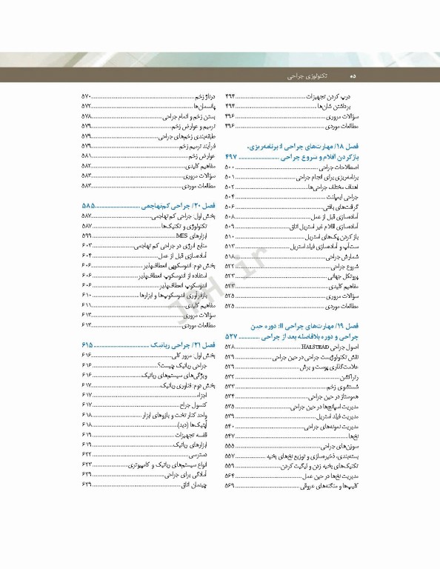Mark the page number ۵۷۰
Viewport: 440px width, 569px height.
point(87,97)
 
